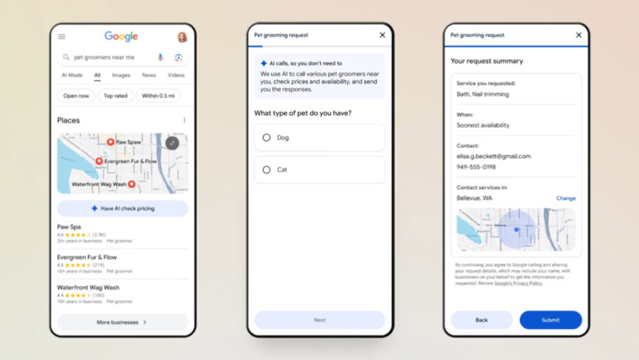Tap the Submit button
pyautogui.click(x=550, y=320)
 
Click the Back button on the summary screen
pyautogui.click(x=481, y=320)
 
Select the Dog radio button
pyautogui.click(x=267, y=138)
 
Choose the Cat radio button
pyautogui.click(x=267, y=170)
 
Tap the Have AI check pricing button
pyautogui.click(x=122, y=208)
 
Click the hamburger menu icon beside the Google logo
pyautogui.click(x=62, y=37)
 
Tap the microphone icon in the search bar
pyautogui.click(x=160, y=58)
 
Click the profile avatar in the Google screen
pyautogui.click(x=182, y=37)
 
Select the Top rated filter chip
pyautogui.click(x=116, y=96)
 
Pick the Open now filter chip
pyautogui.click(x=76, y=96)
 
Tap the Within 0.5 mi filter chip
pyautogui.click(x=159, y=96)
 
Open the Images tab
pyautogui.click(x=121, y=75)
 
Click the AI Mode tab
pyautogui.click(x=72, y=75)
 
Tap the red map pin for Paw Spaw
pyautogui.click(x=110, y=142)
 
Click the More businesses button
pyautogui.click(x=122, y=322)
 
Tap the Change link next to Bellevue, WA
pyautogui.click(x=566, y=198)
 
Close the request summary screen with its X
pyautogui.click(x=578, y=35)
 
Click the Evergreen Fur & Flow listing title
pyautogui.click(x=87, y=257)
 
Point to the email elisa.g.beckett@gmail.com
pyautogui.click(x=493, y=156)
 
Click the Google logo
pyautogui.click(x=121, y=36)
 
